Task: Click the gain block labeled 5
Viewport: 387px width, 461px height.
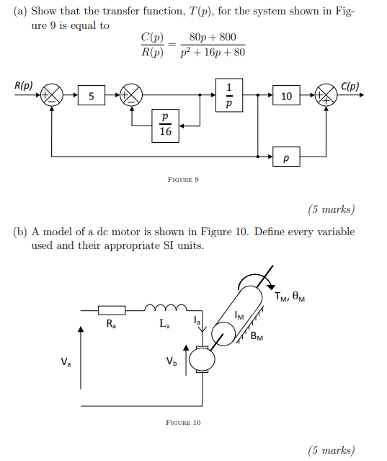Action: point(90,96)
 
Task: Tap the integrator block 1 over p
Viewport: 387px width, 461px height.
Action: point(229,96)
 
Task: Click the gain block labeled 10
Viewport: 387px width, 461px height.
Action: point(286,96)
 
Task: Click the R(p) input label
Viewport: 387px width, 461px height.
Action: point(23,85)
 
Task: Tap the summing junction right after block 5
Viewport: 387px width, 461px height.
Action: point(132,96)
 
